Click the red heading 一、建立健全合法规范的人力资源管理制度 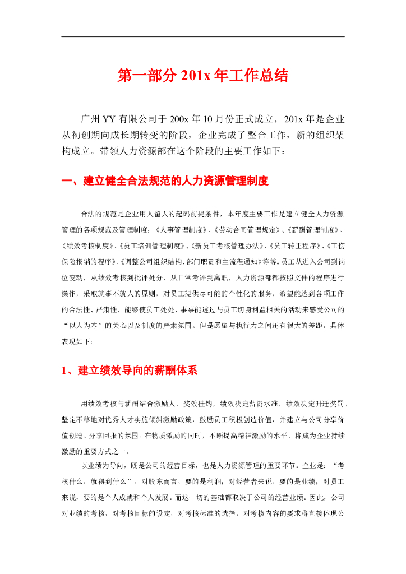click(x=165, y=181)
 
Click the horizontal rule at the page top click(x=202, y=37)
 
